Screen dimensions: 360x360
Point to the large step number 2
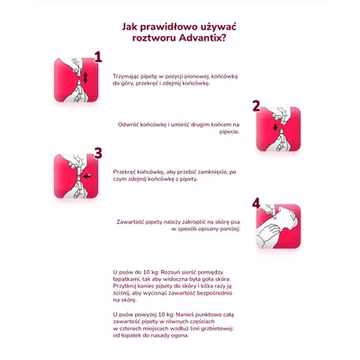pos(256,106)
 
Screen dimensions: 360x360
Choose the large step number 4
pos(256,202)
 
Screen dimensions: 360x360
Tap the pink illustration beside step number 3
pos(75,176)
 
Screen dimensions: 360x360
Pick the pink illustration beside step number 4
pos(278,223)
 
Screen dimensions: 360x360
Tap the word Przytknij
pos(127,285)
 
